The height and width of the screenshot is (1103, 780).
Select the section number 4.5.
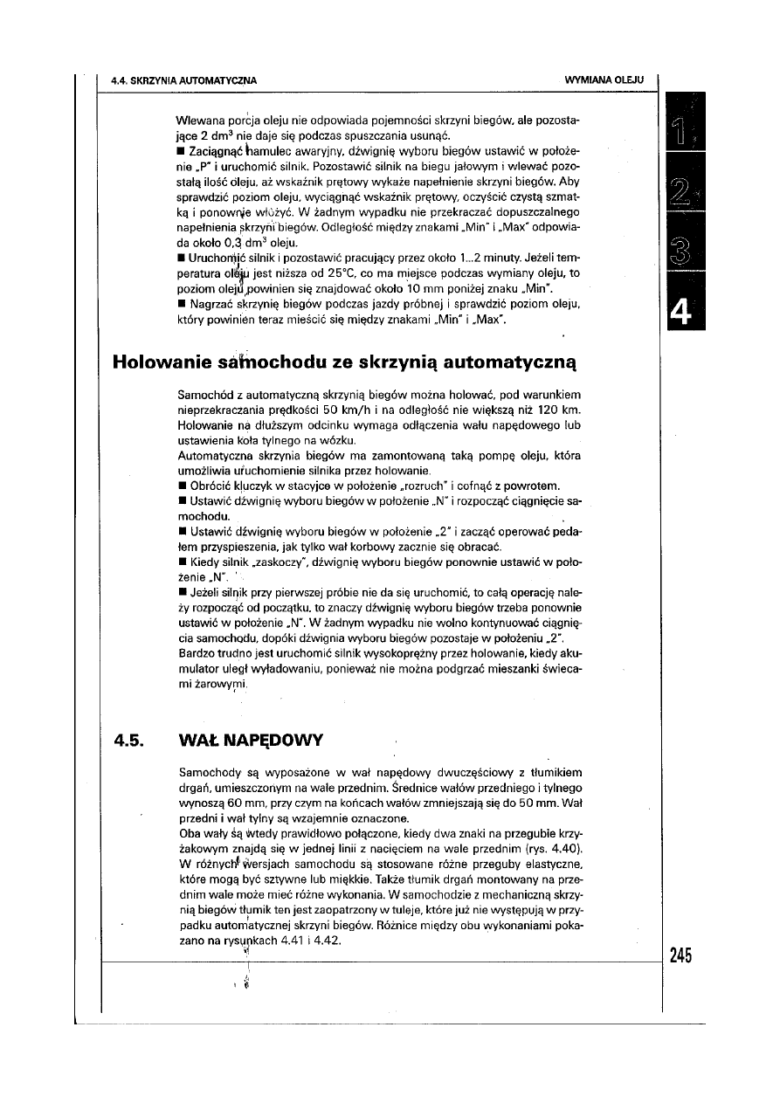tap(130, 741)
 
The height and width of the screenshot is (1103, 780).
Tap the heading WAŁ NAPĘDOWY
tap(250, 741)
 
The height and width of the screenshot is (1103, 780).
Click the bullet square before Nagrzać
tap(180, 305)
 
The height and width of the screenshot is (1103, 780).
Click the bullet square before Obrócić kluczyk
tap(180, 486)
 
